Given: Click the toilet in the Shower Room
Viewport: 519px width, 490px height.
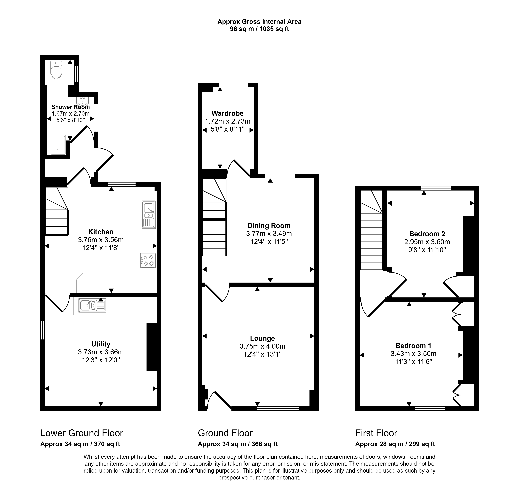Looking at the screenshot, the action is pyautogui.click(x=56, y=69).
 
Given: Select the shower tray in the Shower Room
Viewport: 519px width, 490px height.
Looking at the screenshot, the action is pyautogui.click(x=58, y=144).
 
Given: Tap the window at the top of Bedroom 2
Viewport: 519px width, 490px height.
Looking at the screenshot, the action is pyautogui.click(x=436, y=188).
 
